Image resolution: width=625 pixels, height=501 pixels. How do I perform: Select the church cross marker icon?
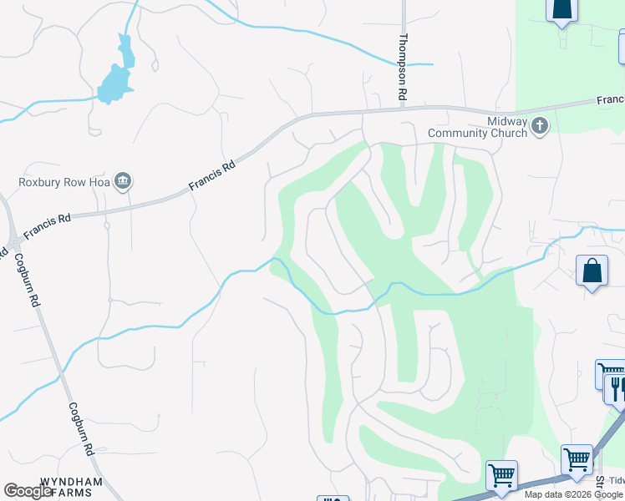[x=540, y=126]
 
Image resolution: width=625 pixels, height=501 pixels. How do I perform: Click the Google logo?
[x=28, y=491]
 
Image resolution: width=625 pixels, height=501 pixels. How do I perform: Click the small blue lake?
[x=118, y=76]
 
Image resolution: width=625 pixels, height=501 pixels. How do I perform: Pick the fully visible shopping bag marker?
[x=592, y=271]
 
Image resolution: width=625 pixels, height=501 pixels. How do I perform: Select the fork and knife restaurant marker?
[x=617, y=388]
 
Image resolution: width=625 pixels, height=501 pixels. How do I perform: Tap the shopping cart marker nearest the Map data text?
[x=501, y=475]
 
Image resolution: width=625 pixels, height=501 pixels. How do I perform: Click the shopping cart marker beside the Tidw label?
[x=577, y=459]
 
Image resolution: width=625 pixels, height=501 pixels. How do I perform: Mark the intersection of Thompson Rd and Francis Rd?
[x=404, y=109]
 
